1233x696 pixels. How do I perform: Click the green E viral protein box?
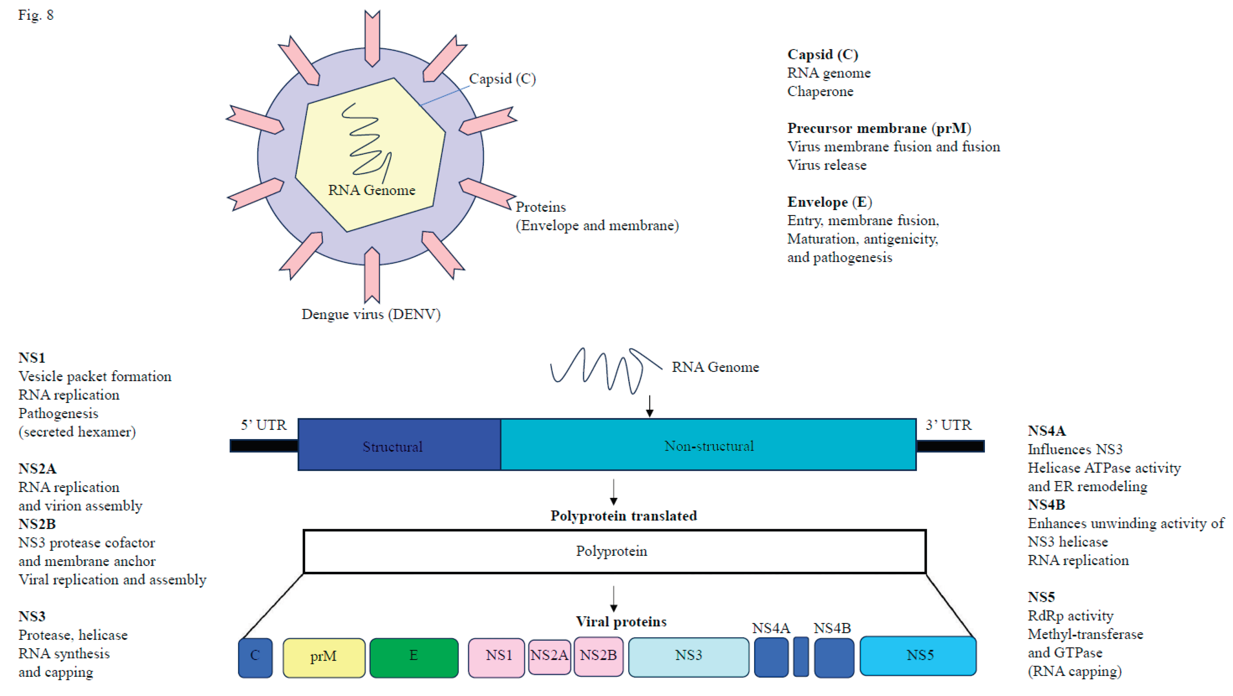point(414,657)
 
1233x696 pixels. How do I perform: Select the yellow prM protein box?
point(324,657)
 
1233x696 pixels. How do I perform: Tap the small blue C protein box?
point(255,657)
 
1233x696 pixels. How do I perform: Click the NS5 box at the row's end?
point(918,655)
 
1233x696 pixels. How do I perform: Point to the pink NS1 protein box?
point(496,657)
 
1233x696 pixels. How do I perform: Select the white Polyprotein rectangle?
point(614,551)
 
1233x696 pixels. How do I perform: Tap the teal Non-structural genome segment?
point(708,445)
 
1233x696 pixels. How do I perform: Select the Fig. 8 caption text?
point(36,15)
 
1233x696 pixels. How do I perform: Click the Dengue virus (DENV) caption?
point(371,315)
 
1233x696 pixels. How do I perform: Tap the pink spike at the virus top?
point(372,37)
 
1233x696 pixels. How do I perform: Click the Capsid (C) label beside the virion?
point(502,78)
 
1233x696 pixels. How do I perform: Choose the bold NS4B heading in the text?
point(1046,505)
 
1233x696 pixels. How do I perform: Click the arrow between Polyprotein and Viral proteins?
point(614,598)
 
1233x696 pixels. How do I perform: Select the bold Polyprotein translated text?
point(623,516)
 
